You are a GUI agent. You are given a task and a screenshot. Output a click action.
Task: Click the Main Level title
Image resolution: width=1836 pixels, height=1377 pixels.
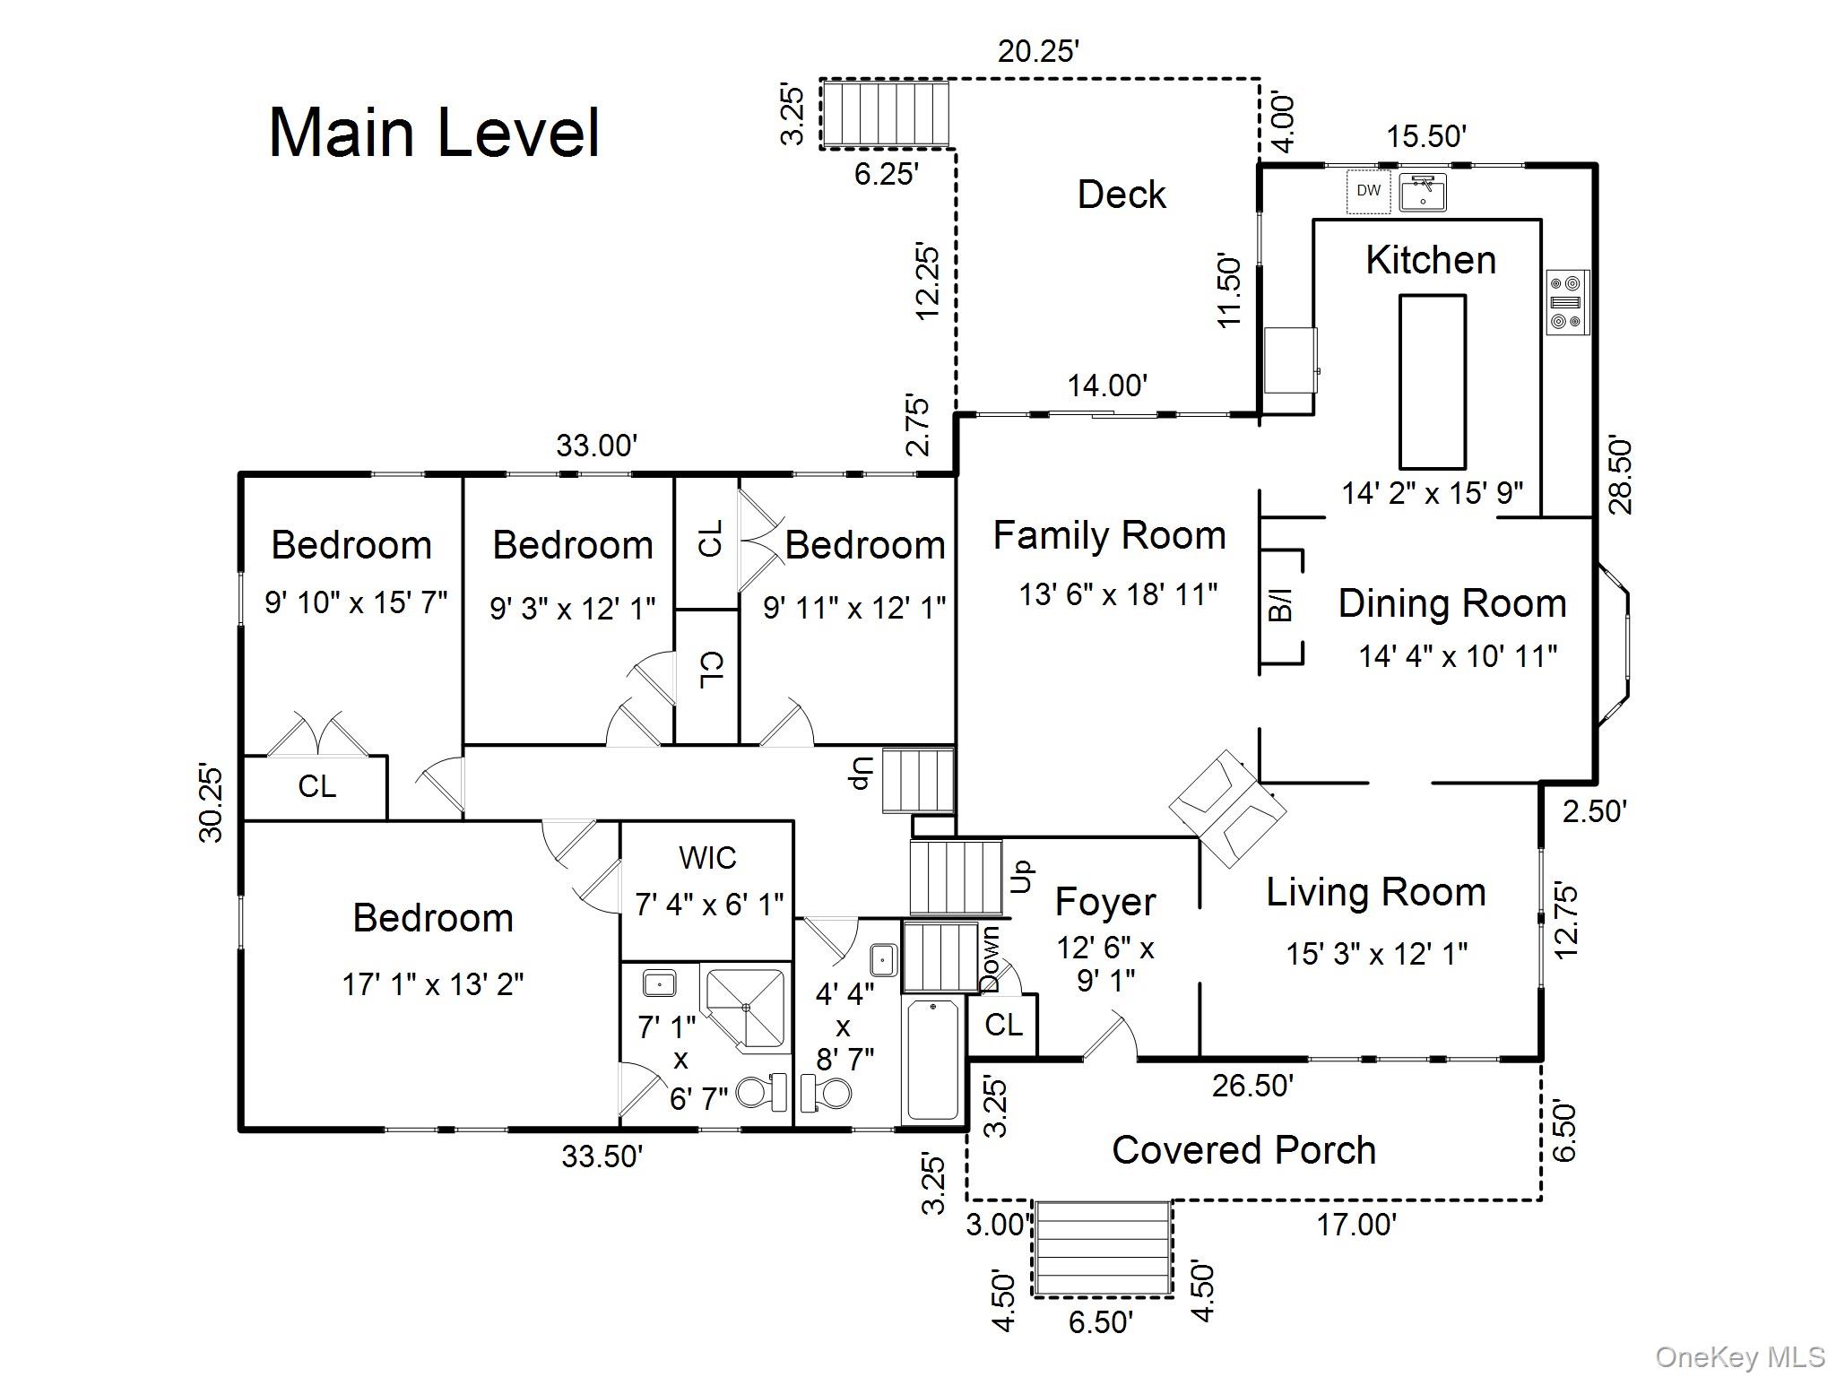(434, 133)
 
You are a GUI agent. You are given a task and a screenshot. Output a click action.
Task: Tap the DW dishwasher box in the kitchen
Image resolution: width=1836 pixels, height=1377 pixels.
(1368, 191)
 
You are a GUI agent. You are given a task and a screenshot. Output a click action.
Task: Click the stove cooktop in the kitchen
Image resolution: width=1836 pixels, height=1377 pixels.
(1567, 302)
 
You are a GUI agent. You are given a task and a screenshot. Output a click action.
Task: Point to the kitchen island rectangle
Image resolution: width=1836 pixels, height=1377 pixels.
(1433, 382)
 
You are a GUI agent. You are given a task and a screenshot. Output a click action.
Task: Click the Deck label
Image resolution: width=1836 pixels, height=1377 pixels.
(1121, 195)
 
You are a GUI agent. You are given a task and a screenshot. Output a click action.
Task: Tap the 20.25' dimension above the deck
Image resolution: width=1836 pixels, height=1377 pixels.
(1037, 52)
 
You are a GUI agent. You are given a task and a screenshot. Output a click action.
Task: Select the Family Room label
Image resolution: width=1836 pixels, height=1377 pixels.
(1109, 535)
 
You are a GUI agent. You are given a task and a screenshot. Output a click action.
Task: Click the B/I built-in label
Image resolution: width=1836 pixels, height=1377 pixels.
(1282, 605)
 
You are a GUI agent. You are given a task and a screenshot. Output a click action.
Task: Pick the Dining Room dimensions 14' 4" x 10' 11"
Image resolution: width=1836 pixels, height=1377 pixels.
(1458, 656)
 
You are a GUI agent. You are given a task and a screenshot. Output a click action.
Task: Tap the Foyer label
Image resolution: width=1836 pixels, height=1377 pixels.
(1104, 902)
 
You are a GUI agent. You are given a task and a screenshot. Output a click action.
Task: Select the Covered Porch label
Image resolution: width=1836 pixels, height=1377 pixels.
(1243, 1150)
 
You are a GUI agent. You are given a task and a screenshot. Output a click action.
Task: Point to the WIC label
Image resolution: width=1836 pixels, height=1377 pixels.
(707, 858)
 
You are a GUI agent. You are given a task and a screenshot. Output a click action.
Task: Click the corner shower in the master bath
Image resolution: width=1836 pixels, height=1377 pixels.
(746, 1008)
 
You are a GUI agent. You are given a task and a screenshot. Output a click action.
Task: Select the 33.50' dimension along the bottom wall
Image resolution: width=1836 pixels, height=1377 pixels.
(602, 1156)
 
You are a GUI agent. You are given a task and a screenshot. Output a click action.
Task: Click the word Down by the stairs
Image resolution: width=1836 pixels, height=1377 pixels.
(990, 959)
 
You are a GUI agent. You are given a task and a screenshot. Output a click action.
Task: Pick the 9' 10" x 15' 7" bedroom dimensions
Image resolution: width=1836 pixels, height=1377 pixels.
(355, 602)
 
